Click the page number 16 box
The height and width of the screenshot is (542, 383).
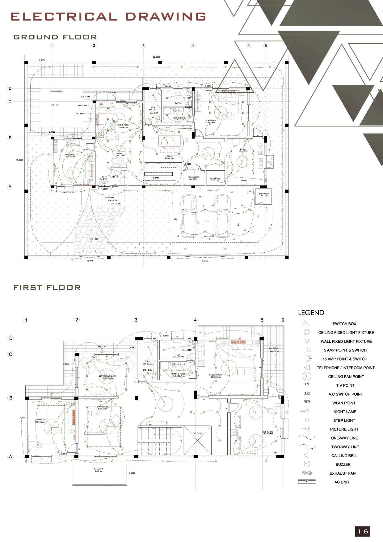coord(363,531)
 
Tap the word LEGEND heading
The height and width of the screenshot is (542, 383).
coord(311,313)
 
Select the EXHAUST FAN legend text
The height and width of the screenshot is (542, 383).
coord(342,473)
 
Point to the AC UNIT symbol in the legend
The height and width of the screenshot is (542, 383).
coord(307,482)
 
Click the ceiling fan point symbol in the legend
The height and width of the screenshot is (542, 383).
coord(307,376)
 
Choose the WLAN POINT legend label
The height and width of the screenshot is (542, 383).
coord(344,403)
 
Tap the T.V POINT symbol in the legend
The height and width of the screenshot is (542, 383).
coord(307,384)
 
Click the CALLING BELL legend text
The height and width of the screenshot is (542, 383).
coord(344,455)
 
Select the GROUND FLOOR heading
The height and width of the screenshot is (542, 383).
coord(55,37)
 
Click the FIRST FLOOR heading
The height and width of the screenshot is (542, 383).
coord(47,288)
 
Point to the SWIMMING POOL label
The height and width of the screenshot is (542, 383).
coord(57,91)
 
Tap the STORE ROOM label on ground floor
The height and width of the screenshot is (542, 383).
coord(264,194)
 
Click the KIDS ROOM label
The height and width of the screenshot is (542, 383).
coord(267,433)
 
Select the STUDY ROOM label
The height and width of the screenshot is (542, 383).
coord(40,420)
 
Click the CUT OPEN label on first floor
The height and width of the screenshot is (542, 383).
coord(197,433)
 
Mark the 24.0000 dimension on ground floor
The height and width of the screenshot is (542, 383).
coord(156,57)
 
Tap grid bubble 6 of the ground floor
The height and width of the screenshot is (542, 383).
coord(266,46)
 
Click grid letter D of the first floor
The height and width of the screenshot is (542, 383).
coord(11,338)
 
